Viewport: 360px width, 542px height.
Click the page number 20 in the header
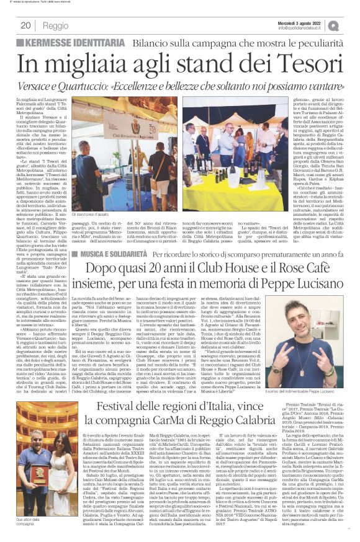[26, 25]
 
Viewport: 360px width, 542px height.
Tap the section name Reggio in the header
[56, 25]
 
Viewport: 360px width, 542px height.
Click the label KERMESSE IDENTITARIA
[66, 42]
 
